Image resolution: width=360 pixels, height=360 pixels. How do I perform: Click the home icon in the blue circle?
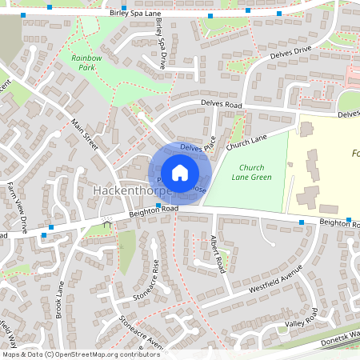[180, 173]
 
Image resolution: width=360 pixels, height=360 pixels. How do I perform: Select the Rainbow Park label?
[86, 62]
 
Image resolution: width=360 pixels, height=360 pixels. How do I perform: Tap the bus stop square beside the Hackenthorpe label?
[158, 206]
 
